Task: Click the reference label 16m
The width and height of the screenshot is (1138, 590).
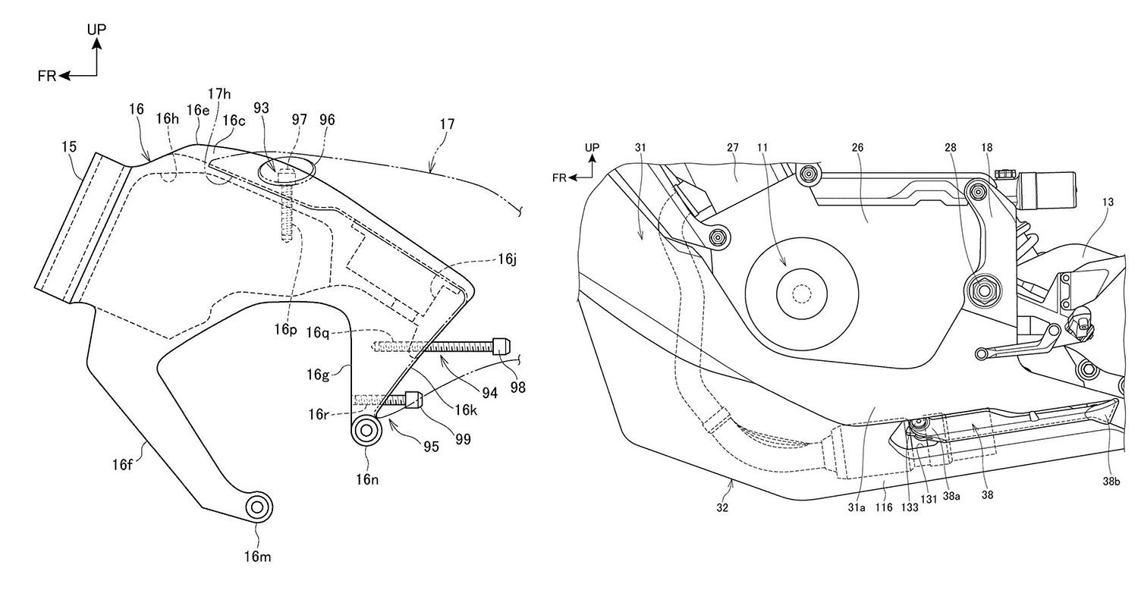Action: [258, 557]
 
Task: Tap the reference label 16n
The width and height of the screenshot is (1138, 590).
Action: [366, 479]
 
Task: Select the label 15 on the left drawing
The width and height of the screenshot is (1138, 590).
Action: [69, 146]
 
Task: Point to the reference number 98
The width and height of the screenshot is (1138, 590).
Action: [517, 388]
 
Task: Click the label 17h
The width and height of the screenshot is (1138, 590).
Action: [219, 93]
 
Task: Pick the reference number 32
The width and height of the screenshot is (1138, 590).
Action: [722, 508]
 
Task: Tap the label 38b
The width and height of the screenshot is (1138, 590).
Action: [1111, 482]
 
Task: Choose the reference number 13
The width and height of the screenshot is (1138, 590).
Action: [1108, 202]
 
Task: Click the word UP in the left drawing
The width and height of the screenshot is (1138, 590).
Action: [96, 30]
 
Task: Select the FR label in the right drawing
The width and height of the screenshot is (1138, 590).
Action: [559, 177]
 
